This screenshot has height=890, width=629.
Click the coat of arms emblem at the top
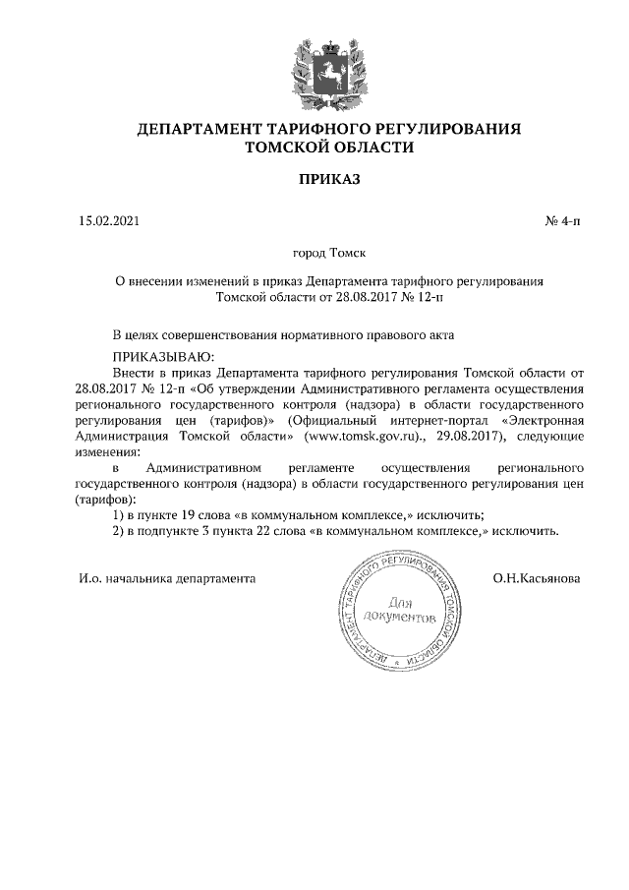click(x=328, y=71)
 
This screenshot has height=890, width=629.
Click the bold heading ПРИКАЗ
click(x=329, y=180)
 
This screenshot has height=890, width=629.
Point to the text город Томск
click(x=329, y=253)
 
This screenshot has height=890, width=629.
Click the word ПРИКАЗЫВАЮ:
click(x=163, y=356)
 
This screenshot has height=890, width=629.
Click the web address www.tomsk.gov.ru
click(x=375, y=435)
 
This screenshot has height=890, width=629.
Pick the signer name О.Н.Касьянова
click(x=537, y=578)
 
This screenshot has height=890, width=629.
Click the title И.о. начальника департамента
click(x=167, y=578)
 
